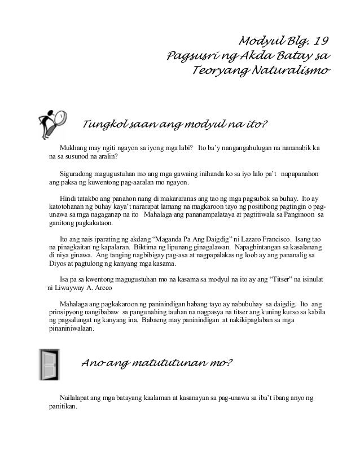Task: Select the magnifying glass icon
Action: pos(51,122)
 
